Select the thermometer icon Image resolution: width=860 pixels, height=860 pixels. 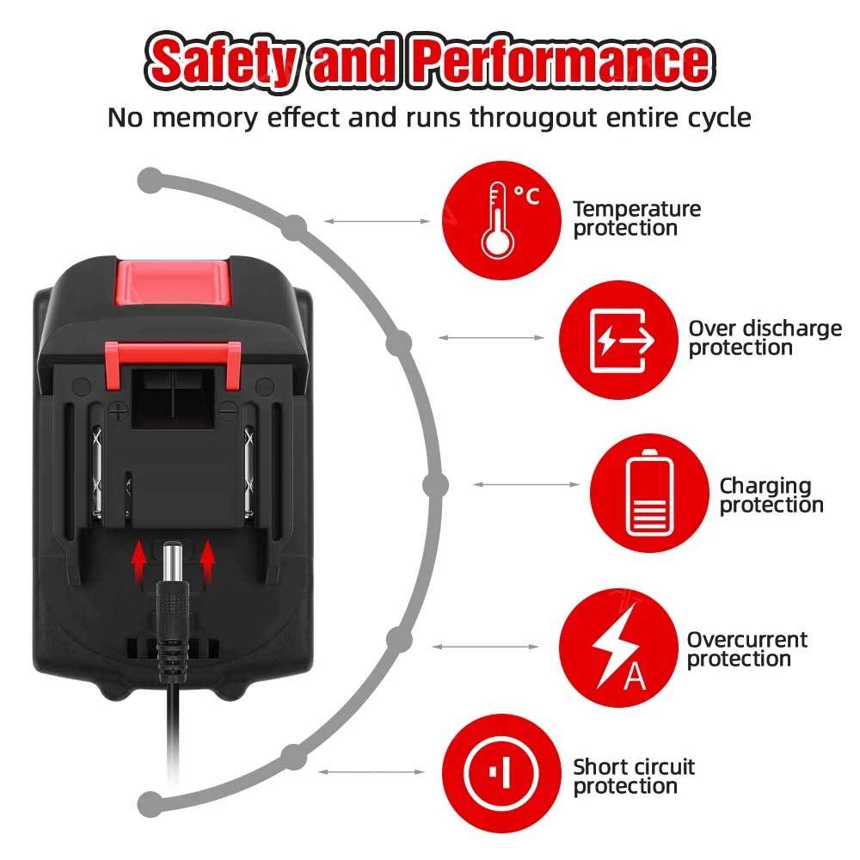click(501, 220)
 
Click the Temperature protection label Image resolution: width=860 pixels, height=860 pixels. click(636, 218)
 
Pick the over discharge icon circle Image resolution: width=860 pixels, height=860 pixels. click(618, 340)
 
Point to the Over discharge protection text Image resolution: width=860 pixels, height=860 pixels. click(765, 338)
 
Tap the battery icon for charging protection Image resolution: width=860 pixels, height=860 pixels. click(649, 493)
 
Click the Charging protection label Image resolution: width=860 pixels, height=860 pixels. click(771, 495)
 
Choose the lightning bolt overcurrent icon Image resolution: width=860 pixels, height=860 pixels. click(618, 648)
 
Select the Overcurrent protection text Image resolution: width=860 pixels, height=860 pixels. click(746, 649)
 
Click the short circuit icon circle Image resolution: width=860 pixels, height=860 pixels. click(501, 773)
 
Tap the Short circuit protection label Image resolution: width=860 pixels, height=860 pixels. click(634, 777)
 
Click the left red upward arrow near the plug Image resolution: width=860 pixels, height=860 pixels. click(139, 563)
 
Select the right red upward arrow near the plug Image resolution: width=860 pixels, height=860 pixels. click(206, 563)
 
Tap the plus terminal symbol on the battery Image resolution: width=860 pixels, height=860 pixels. click(118, 410)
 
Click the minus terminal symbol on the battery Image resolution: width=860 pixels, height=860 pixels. click(228, 409)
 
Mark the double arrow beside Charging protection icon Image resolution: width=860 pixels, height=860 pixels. click(526, 485)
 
